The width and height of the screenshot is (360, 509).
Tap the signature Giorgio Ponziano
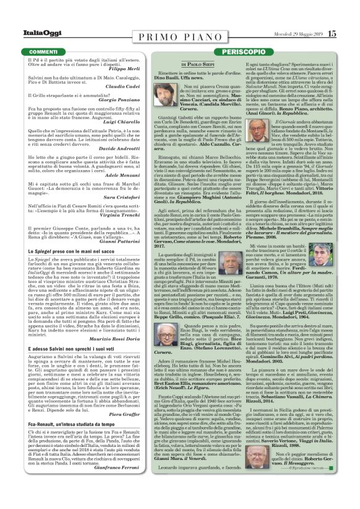click(x=132, y=116)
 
